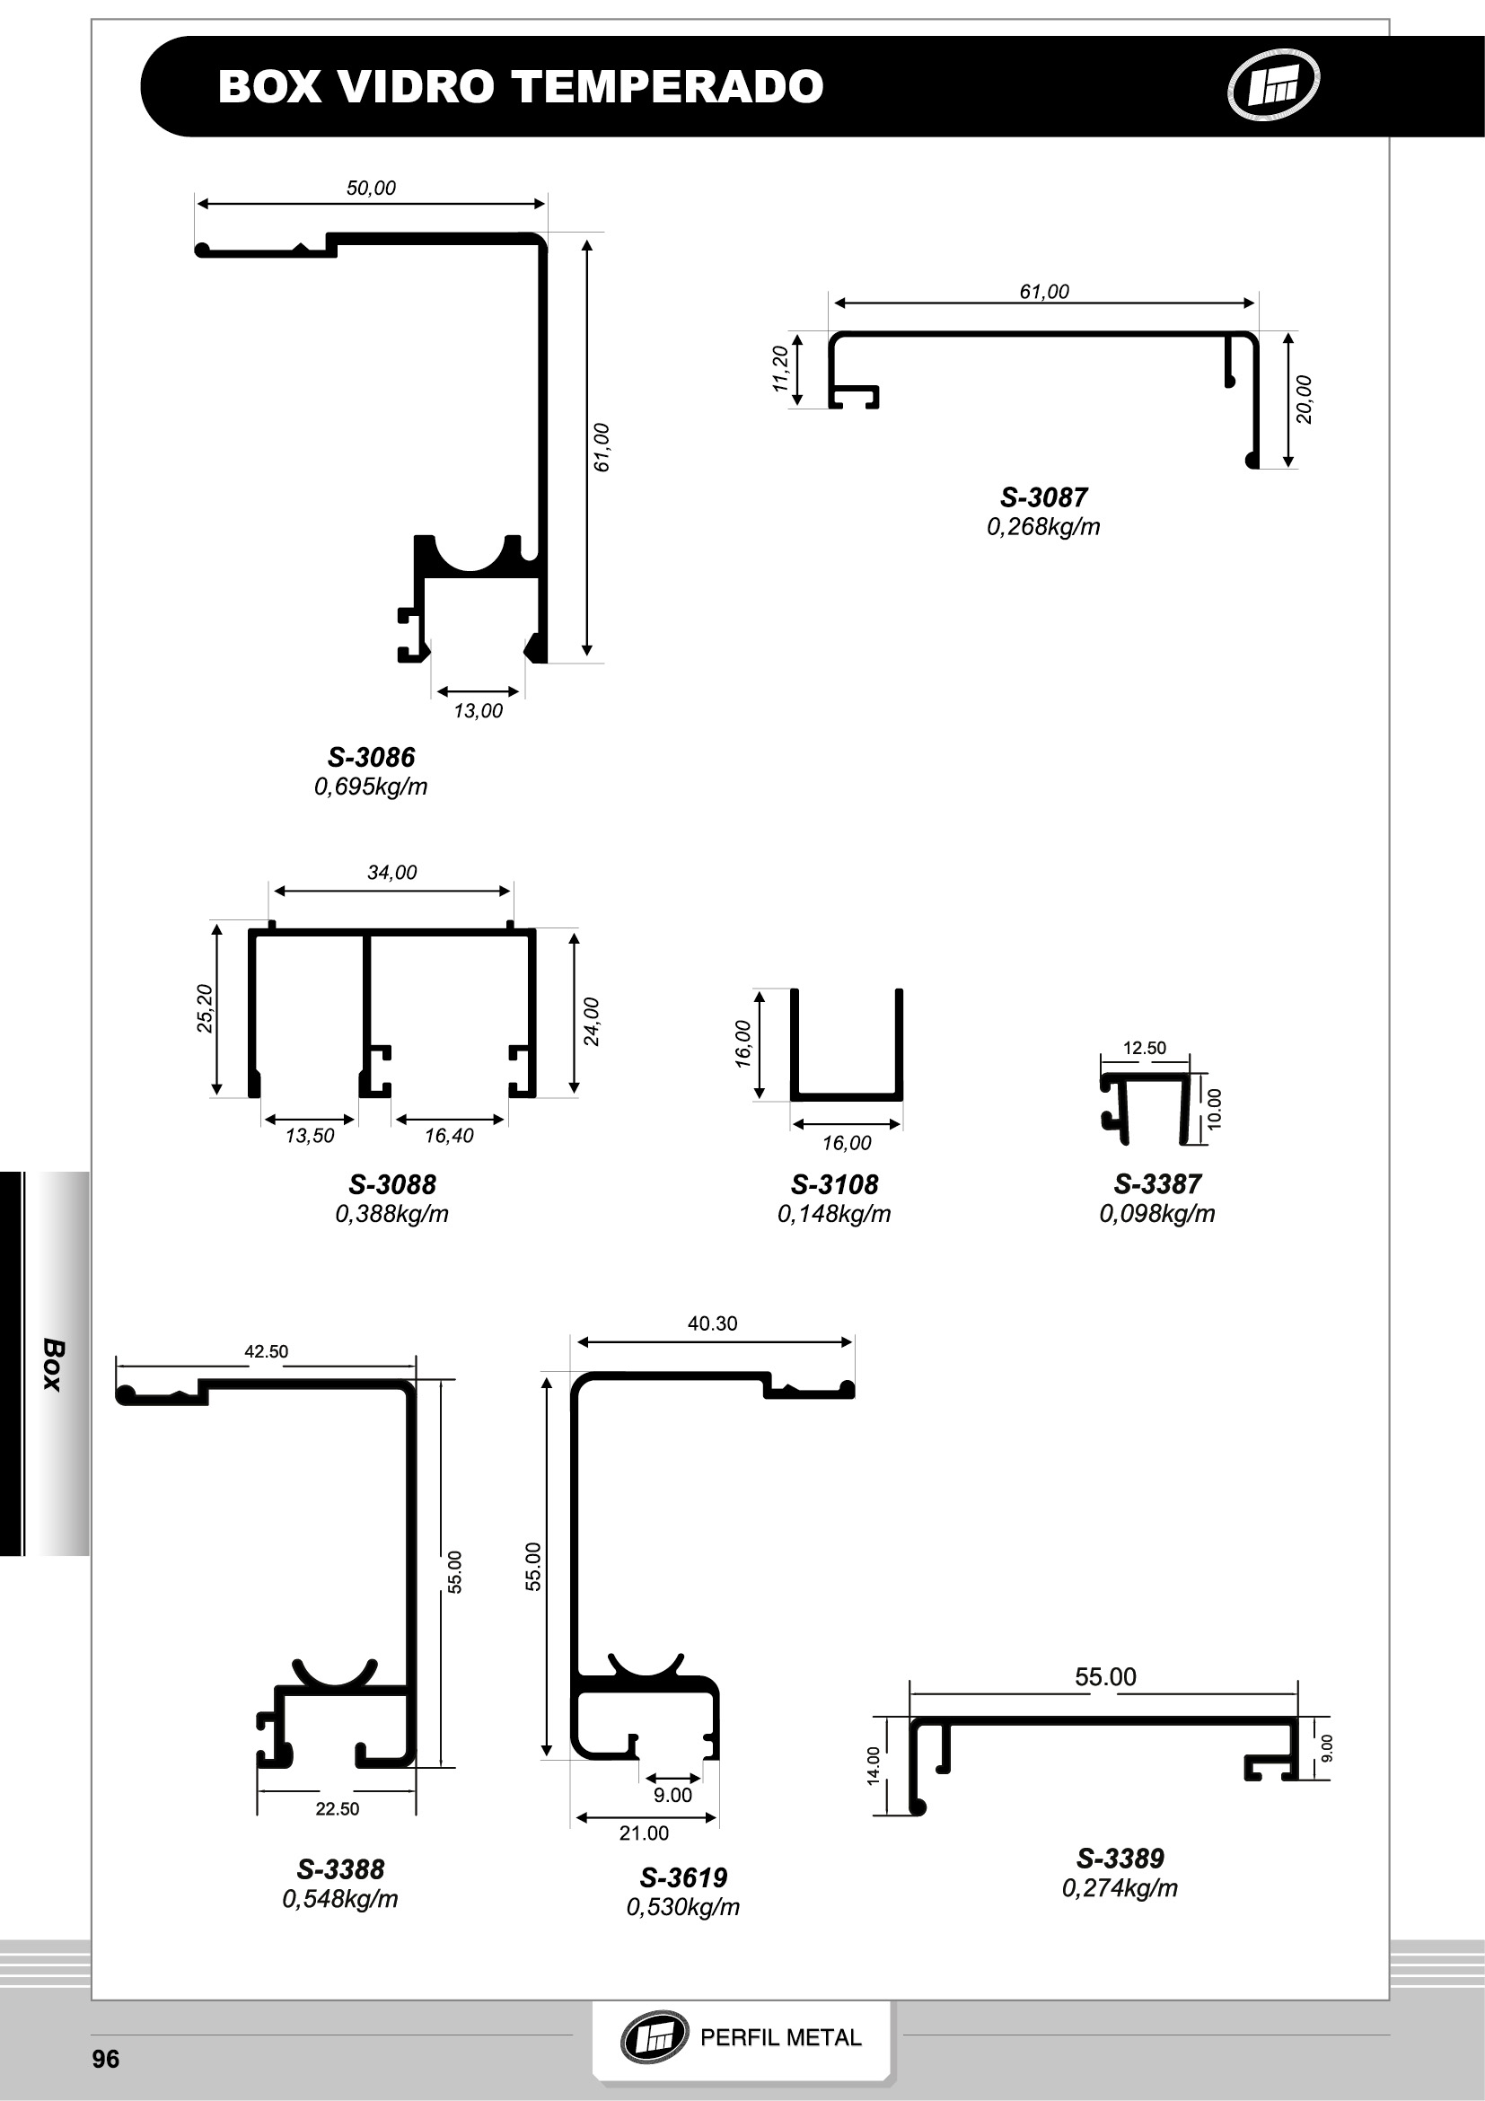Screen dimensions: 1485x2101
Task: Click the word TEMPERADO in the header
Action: tap(667, 87)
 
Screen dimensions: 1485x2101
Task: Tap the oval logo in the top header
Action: tap(1273, 85)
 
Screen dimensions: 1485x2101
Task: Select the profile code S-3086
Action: tap(372, 757)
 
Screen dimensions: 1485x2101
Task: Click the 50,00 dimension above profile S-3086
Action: tap(371, 188)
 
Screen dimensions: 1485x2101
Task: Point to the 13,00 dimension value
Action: tap(478, 710)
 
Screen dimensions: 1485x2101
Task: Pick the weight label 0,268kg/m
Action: tap(1043, 526)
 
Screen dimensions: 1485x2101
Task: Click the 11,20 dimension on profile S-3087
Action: tap(780, 369)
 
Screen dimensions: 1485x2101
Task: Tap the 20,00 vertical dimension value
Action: tap(1304, 400)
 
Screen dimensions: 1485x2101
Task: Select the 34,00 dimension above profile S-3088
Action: tap(391, 872)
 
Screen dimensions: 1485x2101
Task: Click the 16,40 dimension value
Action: tap(449, 1136)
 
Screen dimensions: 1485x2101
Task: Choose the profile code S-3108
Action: tap(834, 1184)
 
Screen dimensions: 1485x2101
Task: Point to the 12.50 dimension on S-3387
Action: tap(1145, 1048)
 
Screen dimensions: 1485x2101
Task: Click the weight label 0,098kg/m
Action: tap(1156, 1213)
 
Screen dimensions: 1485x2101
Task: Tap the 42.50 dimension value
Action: tap(267, 1350)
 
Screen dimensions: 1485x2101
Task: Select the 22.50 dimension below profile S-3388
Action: tap(338, 1808)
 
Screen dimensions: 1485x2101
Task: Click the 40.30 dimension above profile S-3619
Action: tap(712, 1323)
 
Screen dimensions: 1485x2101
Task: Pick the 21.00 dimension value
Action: tap(644, 1833)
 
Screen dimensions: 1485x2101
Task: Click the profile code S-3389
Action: tap(1120, 1859)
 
